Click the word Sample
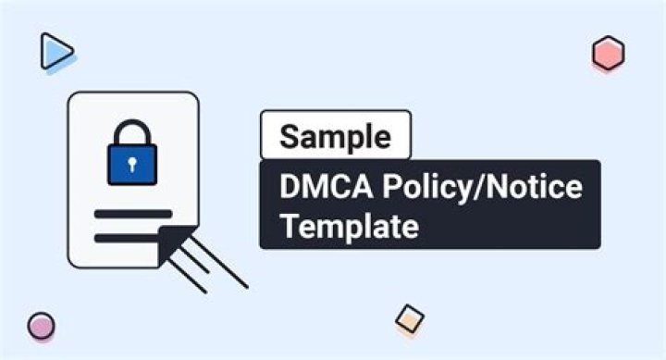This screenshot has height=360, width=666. pos(336,136)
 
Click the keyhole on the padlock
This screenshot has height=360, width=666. pos(133,165)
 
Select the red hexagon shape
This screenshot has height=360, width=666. pos(608,54)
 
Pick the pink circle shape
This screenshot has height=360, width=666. pos(41,326)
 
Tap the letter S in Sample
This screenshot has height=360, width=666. pos(290,136)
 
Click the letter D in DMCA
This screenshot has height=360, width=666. pos(290,188)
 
